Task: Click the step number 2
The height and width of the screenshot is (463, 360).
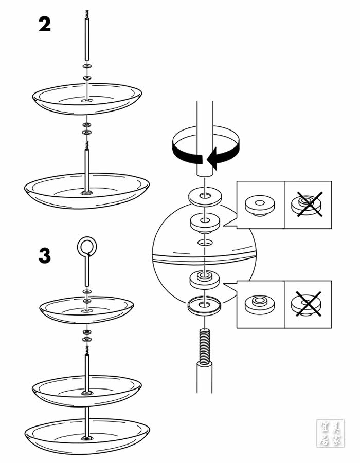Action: coord(45,24)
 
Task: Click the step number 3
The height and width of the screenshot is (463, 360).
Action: coord(45,255)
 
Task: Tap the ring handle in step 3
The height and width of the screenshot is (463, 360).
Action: coord(86,247)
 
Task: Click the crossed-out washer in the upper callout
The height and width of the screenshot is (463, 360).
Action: coord(308,205)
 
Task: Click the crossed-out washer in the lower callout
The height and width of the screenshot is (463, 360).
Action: coord(308,303)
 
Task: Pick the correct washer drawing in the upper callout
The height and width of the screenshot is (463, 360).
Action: coord(260,205)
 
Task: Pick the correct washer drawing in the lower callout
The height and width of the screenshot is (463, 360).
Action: coord(260,303)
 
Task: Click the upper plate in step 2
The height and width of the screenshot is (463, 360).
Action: coord(87,98)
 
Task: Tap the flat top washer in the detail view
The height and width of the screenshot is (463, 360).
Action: coord(205,196)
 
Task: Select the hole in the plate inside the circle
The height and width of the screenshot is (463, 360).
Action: coord(205,241)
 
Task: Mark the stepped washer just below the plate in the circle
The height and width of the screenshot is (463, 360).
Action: coord(205,280)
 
